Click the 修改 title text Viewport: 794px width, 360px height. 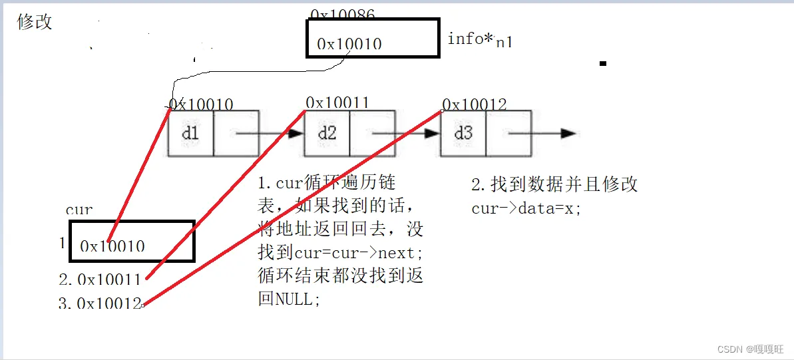point(35,22)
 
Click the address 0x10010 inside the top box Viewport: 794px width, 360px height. point(349,45)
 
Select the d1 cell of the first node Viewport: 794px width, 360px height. point(190,133)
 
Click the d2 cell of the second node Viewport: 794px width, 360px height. point(327,133)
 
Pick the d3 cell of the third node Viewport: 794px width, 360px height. point(463,133)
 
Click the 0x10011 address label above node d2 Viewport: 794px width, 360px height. point(337,102)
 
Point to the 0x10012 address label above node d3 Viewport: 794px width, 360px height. point(474,104)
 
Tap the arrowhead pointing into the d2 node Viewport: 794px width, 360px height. point(296,133)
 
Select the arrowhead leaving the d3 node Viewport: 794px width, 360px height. point(568,133)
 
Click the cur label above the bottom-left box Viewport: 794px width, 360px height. point(79,210)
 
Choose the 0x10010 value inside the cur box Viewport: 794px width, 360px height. point(112,246)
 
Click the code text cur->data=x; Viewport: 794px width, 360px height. point(526,208)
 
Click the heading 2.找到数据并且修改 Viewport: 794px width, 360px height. point(554,184)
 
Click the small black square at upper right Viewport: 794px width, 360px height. point(603,64)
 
